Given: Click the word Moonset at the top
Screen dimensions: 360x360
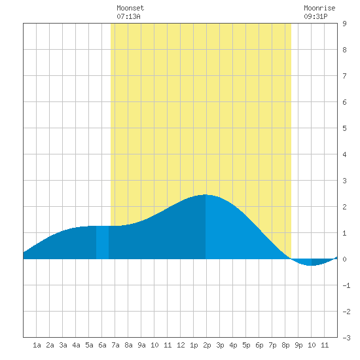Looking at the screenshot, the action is [x=130, y=8].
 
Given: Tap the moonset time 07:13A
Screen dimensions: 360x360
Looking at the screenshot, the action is [x=128, y=16].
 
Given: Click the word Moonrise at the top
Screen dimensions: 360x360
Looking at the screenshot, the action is [x=319, y=8].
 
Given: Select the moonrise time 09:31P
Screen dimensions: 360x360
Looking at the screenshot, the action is [x=315, y=16].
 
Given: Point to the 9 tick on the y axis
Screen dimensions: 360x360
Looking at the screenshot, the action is [x=344, y=24].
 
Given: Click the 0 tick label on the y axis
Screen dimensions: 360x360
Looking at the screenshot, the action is [x=344, y=259].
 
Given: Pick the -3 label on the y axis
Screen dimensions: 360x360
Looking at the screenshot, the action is [x=346, y=338].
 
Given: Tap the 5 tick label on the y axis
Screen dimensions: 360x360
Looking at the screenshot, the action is [x=344, y=128].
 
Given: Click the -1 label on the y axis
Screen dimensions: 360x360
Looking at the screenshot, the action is [x=346, y=285].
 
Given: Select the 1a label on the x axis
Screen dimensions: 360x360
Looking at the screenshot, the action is [x=37, y=345].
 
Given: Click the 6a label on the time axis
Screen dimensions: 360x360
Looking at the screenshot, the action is [x=102, y=345].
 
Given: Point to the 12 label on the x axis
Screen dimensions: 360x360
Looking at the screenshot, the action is [x=181, y=345].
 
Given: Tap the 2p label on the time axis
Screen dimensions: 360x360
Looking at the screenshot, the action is [x=207, y=345].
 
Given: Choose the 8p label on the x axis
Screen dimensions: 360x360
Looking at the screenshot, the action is [x=285, y=345].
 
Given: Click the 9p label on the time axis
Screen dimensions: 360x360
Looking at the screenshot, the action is [x=298, y=345].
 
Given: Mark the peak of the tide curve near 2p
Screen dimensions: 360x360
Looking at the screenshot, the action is [x=206, y=194].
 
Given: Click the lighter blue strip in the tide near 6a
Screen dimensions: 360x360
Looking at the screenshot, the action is [x=102, y=242].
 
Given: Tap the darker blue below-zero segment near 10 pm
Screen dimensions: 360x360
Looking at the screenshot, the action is [x=321, y=262].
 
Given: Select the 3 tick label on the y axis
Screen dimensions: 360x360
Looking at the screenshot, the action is [x=344, y=181].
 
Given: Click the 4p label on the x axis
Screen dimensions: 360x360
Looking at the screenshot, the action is [x=233, y=345].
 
